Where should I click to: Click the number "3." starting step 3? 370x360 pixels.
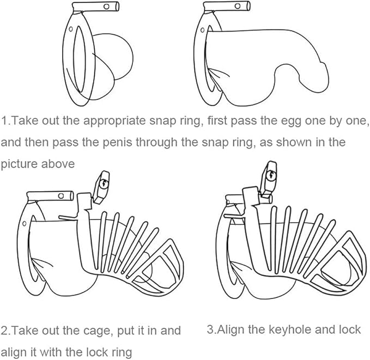point(211,330)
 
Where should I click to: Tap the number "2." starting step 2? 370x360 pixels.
point(7,331)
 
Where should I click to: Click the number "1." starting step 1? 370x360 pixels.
point(7,121)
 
